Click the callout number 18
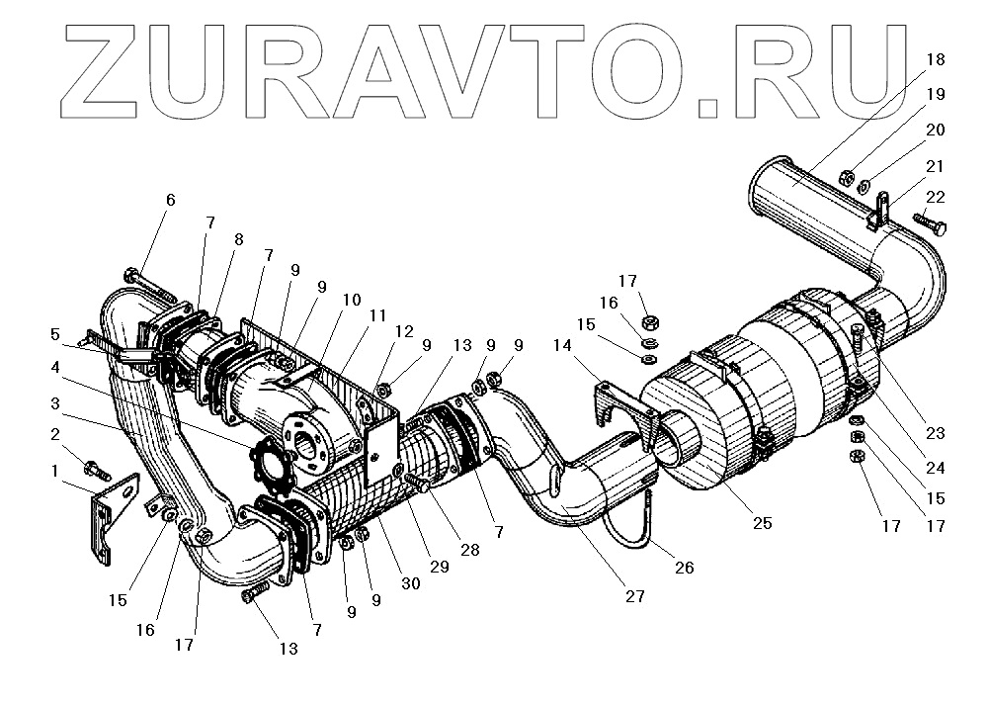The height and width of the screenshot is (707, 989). click(935, 59)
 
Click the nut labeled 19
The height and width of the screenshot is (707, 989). click(847, 178)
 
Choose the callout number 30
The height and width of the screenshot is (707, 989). click(410, 583)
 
